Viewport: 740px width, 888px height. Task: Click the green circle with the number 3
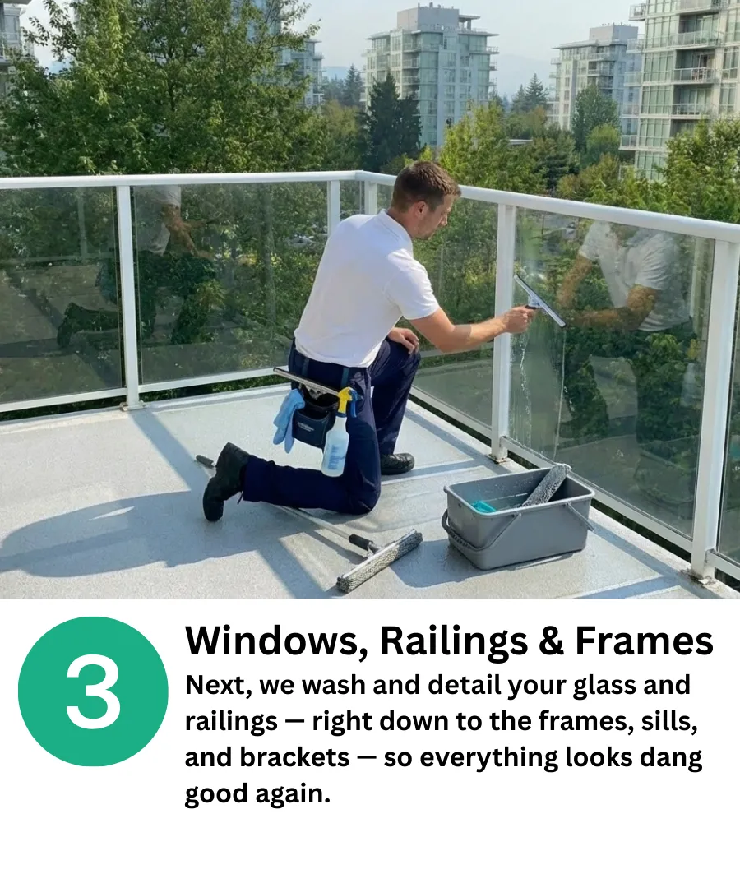coord(93,691)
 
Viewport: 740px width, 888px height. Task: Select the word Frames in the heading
coord(645,641)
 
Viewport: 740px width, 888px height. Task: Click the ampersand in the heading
coord(552,641)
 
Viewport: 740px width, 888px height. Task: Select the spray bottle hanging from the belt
coord(337,432)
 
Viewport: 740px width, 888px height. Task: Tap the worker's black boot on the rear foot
coord(223,481)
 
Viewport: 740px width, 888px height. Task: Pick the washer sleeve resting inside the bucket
coord(546,485)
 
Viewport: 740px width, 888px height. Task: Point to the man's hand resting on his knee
coord(403,339)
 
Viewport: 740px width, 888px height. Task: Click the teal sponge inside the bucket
coord(488,505)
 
